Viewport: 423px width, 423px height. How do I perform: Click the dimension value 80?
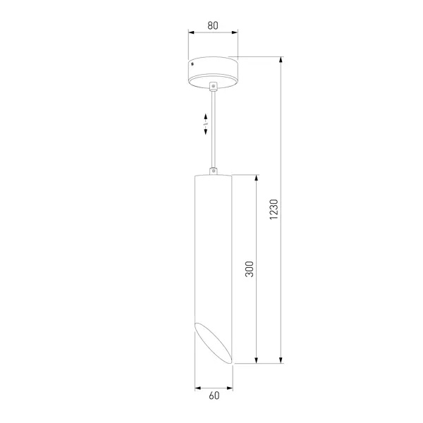point(213,25)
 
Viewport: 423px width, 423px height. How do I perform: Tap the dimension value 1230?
point(274,209)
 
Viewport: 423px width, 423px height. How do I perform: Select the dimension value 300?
point(250,269)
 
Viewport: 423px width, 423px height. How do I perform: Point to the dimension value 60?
point(214,396)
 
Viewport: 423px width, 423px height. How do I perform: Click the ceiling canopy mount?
point(213,72)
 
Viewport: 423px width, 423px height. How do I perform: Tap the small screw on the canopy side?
point(192,64)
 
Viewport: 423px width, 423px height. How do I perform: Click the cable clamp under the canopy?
point(214,86)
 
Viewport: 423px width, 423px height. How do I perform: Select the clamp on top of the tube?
point(214,171)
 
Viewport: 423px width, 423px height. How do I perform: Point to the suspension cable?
point(214,129)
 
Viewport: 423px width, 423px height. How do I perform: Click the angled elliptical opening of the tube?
point(214,343)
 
